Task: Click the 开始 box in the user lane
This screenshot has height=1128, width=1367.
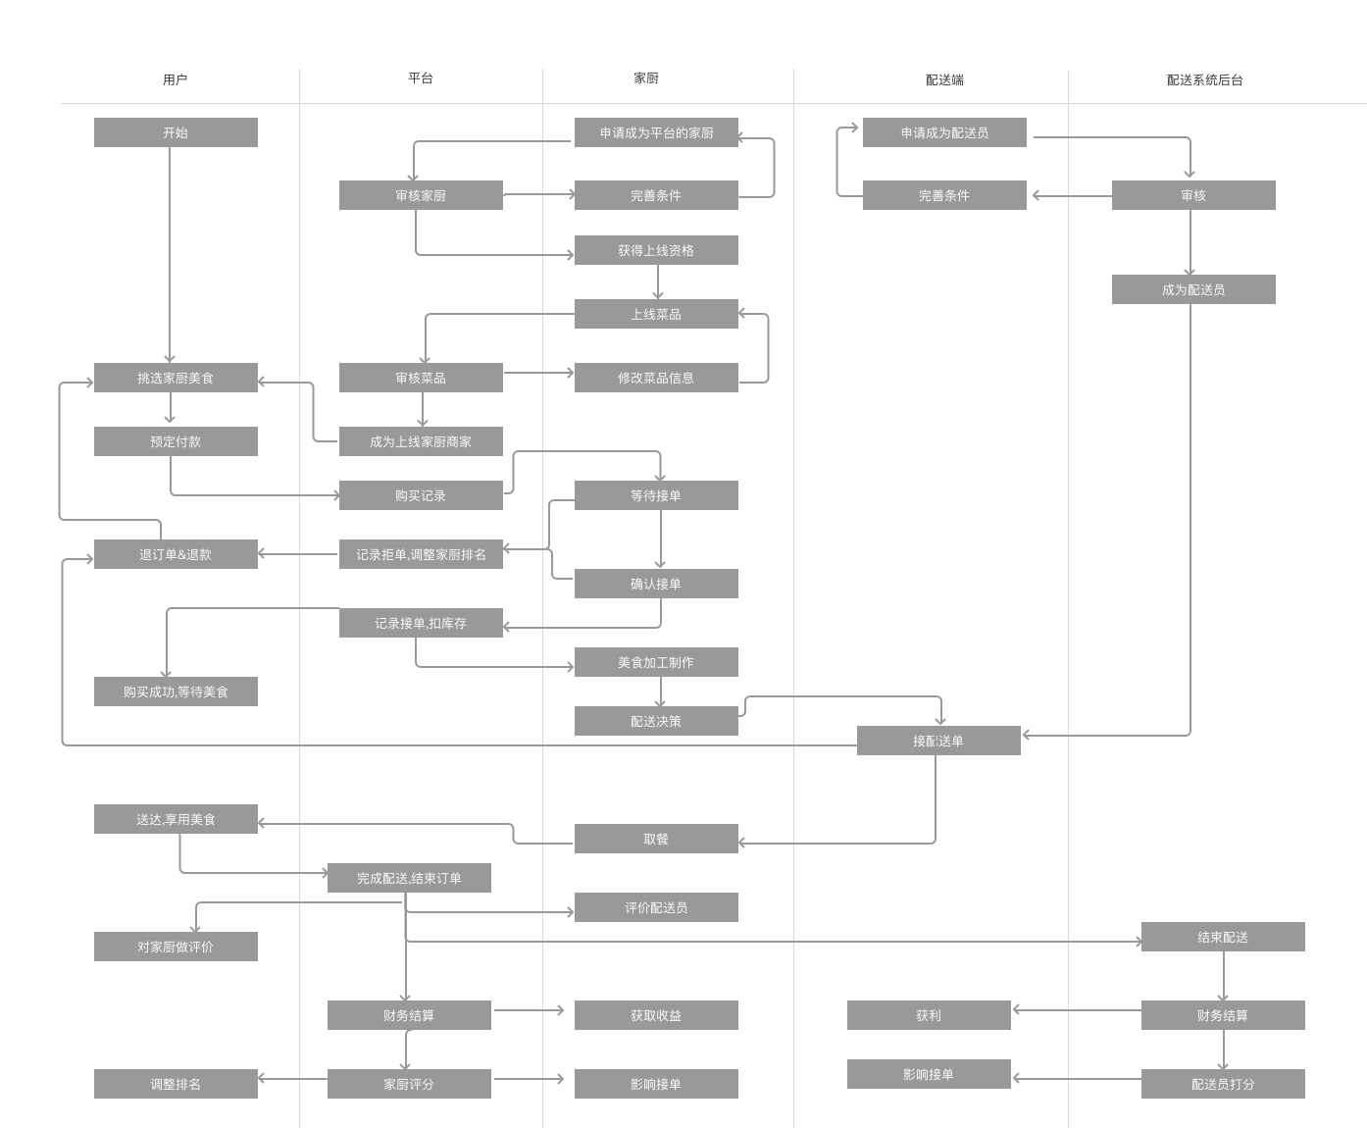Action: [176, 132]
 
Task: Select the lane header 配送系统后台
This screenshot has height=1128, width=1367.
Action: [1204, 80]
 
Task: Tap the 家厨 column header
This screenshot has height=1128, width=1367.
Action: [645, 78]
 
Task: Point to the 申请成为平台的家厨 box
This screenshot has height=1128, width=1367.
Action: [656, 132]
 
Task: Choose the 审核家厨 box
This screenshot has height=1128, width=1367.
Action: [421, 195]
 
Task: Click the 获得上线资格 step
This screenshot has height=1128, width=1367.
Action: [656, 250]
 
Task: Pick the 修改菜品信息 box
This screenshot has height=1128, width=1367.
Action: [656, 378]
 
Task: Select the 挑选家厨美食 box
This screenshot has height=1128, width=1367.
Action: [176, 378]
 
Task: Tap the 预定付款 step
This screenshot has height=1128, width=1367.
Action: [176, 441]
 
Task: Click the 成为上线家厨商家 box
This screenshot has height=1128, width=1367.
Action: [421, 441]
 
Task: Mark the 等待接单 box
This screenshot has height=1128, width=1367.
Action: [656, 495]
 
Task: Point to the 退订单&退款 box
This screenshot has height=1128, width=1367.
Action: [176, 554]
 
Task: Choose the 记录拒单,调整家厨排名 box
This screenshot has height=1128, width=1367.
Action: [421, 554]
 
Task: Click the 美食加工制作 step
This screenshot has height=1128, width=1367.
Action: [656, 662]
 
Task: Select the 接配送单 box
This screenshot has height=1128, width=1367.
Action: [938, 741]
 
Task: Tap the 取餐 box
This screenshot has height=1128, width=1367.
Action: [656, 839]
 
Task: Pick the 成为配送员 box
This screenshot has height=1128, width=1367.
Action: [1193, 289]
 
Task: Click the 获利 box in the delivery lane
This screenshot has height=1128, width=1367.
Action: [929, 1015]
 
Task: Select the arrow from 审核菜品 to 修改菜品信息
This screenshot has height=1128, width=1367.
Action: [538, 373]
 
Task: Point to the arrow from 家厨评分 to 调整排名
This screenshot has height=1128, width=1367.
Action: [292, 1079]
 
